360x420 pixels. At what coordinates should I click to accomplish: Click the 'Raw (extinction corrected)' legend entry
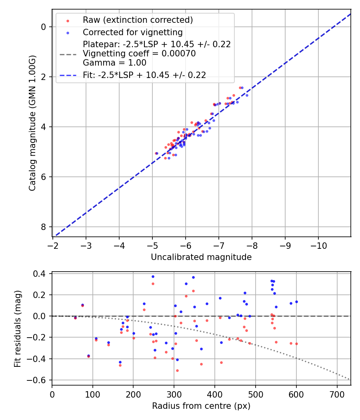click(138, 20)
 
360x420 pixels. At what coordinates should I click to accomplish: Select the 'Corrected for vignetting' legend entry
click(132, 32)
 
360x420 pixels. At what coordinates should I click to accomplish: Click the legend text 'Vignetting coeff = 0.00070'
click(139, 54)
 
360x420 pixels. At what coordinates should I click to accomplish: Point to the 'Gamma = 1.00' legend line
click(114, 63)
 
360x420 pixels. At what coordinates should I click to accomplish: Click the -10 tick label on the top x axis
click(318, 245)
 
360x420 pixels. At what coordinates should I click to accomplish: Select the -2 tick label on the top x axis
click(53, 245)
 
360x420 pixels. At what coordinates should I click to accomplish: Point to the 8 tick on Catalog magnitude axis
click(43, 227)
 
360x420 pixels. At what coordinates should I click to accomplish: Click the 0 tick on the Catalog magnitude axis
click(43, 27)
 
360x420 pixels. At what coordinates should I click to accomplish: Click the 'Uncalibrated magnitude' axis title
click(201, 257)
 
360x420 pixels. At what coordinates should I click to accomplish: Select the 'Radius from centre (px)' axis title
click(201, 406)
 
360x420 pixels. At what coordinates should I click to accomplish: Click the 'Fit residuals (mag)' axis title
click(17, 329)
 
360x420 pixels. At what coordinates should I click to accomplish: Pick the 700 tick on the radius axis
click(337, 394)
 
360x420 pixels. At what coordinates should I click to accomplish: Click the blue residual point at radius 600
click(296, 302)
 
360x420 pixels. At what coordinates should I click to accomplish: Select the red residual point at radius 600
click(296, 344)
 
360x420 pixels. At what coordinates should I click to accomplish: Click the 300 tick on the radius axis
click(174, 394)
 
